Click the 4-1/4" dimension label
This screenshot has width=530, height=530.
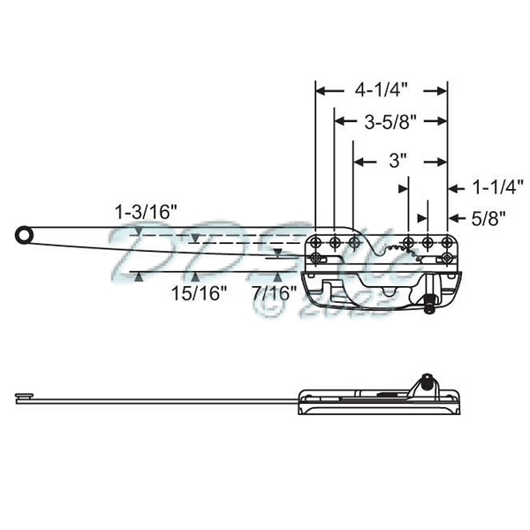(380, 90)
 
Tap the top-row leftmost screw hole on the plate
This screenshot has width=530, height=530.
(318, 242)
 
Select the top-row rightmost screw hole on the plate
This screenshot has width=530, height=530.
(447, 242)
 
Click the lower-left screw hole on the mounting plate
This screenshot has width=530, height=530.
(318, 259)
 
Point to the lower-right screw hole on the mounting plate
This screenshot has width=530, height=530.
(446, 259)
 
